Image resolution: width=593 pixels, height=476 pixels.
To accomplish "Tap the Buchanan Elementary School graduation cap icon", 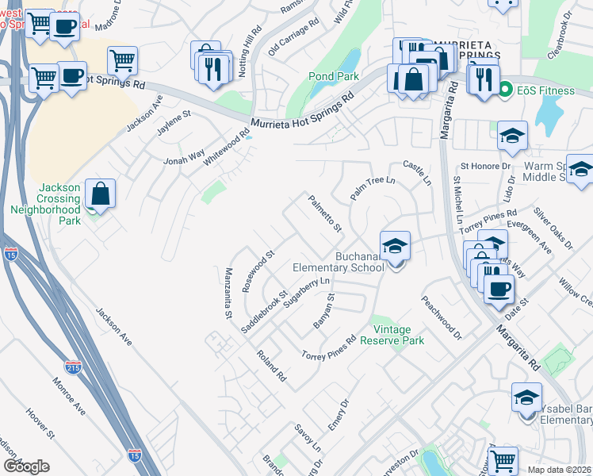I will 395,246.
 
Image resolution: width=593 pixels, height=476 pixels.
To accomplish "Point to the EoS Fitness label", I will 546,91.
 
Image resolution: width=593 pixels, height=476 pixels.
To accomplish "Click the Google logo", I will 26,466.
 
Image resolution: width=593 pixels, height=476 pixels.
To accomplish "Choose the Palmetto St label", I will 324,214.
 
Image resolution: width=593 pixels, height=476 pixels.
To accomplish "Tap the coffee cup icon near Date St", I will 498,290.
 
